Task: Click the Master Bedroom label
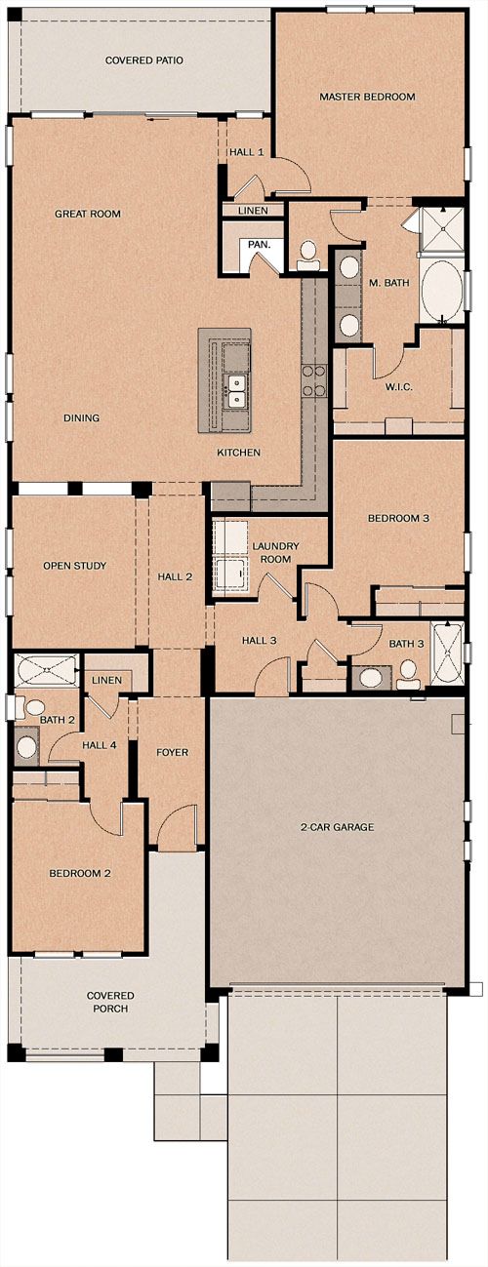pos(367,97)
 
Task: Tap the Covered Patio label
pos(143,59)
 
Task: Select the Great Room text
pos(88,214)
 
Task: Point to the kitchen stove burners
pos(314,380)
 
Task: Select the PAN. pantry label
pos(259,245)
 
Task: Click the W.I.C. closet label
pos(398,387)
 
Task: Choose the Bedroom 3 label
pos(398,518)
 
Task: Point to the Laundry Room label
pos(275,553)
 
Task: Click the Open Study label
pos(75,566)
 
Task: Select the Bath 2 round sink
pos(26,747)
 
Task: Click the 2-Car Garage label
pos(337,827)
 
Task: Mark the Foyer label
pos(172,752)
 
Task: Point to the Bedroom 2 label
pos(80,873)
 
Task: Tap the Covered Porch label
pos(110,1002)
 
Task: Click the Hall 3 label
pos(260,640)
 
